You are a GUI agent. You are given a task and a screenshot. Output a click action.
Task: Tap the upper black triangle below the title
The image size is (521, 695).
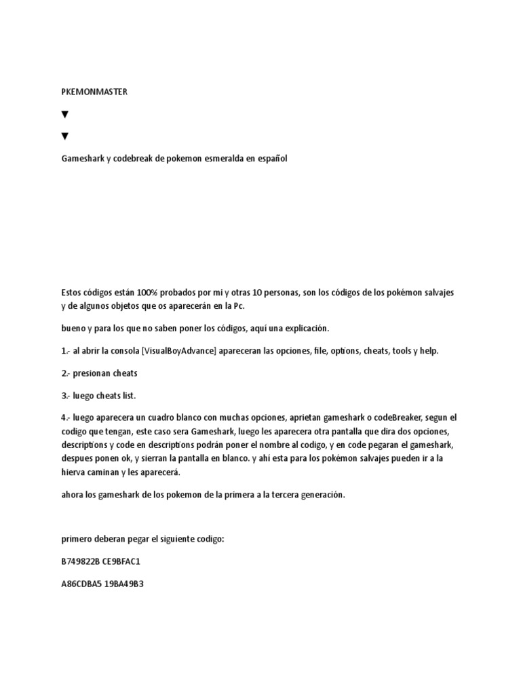tap(65, 115)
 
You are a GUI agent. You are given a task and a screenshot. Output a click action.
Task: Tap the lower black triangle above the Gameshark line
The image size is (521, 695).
tap(65, 136)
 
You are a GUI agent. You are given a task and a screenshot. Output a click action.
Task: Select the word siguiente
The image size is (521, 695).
tap(168, 539)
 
